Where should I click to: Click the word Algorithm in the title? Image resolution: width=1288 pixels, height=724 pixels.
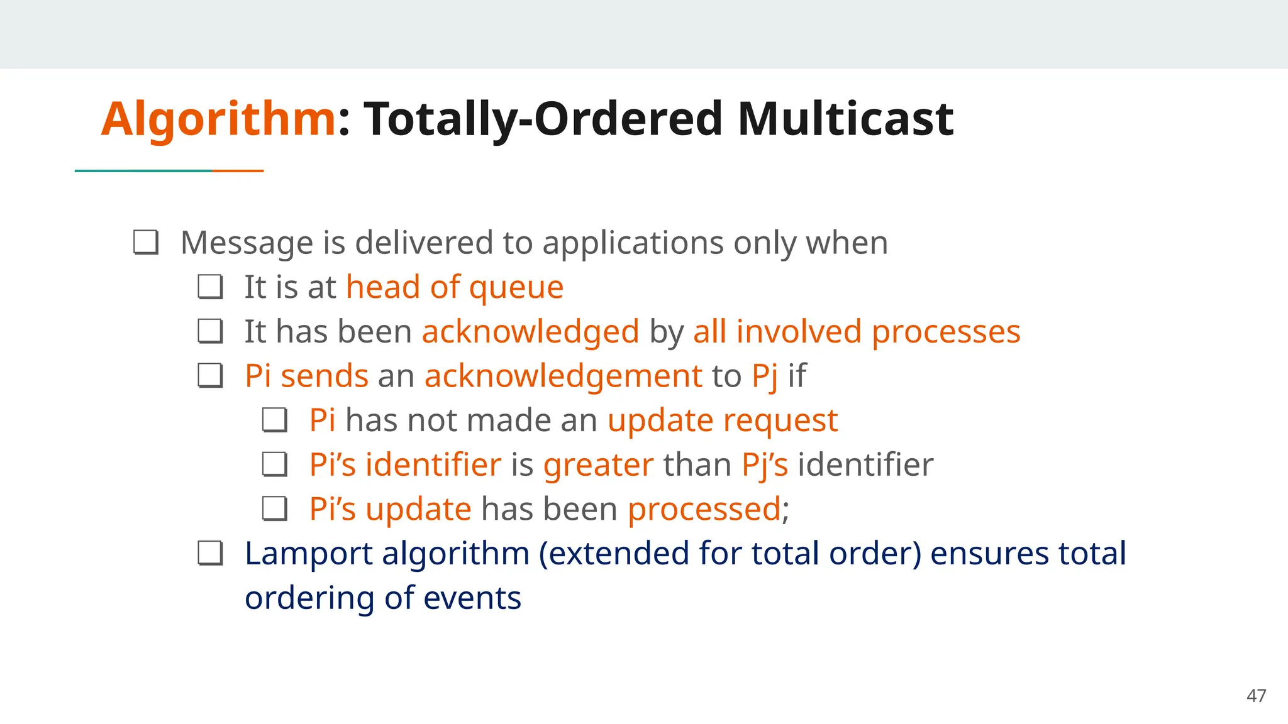point(218,119)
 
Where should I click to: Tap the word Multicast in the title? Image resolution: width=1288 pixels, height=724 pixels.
point(845,119)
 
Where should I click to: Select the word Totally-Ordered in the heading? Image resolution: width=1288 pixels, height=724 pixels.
point(543,119)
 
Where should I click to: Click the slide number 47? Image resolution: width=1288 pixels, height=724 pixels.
point(1256,696)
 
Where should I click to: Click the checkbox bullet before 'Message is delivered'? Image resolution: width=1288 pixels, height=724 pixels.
point(146,243)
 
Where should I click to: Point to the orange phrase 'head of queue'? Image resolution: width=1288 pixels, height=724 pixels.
point(454,288)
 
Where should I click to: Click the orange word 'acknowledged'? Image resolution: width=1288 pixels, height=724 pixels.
point(530,332)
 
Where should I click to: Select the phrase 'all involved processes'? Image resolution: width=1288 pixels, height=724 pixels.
point(856,332)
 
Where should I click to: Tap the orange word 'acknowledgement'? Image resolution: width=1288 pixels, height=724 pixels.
point(563,376)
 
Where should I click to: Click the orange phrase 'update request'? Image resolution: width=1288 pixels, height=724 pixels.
point(722,420)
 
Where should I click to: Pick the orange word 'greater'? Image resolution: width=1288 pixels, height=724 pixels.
point(598,465)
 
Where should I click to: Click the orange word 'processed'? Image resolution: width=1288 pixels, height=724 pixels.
point(704,509)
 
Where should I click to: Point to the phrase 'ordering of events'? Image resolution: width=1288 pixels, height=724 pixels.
point(382,598)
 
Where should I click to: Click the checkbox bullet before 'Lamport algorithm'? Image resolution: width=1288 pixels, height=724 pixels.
point(210,554)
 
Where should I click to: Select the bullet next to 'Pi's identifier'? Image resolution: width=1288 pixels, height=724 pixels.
point(275,465)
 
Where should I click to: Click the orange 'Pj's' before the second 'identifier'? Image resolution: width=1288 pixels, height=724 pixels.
point(764,465)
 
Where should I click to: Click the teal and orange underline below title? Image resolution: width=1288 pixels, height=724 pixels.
point(169,170)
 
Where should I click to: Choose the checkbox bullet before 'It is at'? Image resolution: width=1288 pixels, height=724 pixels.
point(210,287)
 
